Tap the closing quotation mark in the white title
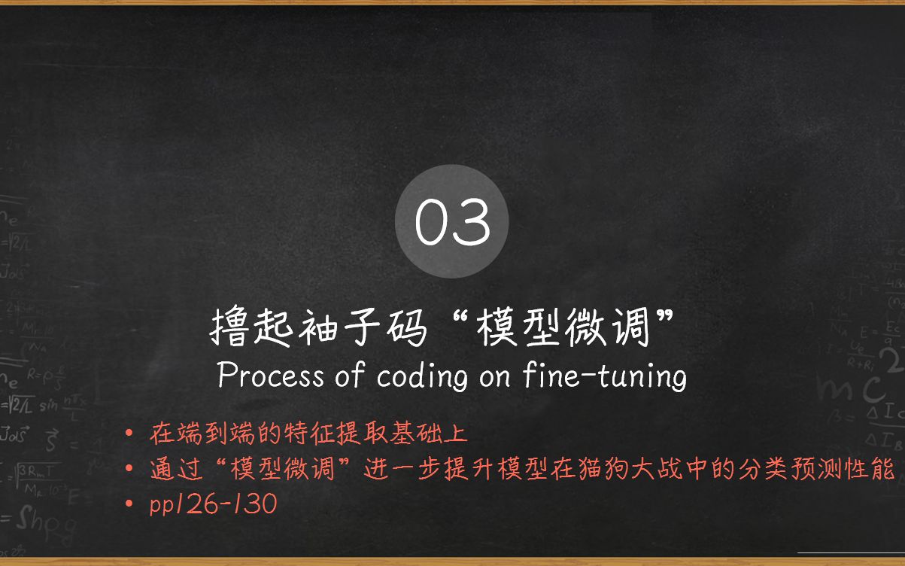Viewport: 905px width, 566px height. (664, 320)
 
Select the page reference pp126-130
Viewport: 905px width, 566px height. (214, 504)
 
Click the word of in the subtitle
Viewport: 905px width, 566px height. (349, 376)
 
